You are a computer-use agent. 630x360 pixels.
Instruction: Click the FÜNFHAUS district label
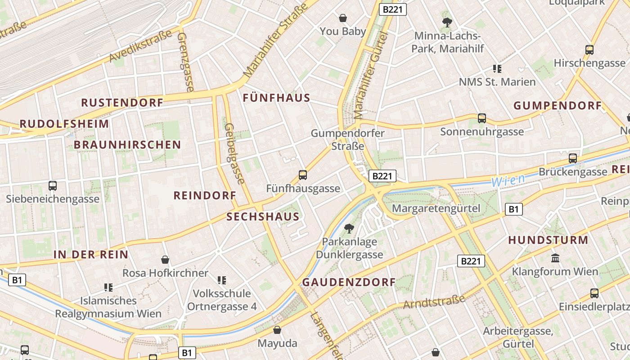coord(276,98)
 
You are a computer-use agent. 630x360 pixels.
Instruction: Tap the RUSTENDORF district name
coord(122,103)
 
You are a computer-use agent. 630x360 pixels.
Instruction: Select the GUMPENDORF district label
coord(558,106)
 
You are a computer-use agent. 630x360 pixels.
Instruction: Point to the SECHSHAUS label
coord(263,216)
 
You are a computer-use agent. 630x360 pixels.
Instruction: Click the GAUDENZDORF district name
coord(349,283)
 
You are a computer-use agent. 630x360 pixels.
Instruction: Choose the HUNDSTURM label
coord(548,240)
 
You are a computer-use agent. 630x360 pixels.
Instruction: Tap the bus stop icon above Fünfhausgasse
coord(303,175)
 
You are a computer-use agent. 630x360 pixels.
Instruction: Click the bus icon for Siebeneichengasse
coord(53,185)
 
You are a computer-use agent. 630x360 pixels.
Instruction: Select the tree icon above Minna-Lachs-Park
coord(447,22)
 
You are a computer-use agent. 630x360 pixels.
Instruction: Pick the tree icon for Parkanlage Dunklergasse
coord(349,229)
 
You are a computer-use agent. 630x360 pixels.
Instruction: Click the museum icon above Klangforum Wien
coord(555,258)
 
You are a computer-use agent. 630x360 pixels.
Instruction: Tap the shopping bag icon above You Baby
coord(343,18)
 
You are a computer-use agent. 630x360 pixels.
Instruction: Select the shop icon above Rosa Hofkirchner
coord(165,260)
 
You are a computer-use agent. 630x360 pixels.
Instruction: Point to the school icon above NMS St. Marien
coord(497,69)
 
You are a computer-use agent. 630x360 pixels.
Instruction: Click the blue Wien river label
coord(508,180)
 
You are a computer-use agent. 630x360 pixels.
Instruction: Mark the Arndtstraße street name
coord(434,302)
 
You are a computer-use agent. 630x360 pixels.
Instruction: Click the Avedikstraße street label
coord(140,46)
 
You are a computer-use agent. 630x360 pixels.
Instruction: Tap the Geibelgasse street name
coord(234,153)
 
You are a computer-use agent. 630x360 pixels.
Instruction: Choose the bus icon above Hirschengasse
coord(589,50)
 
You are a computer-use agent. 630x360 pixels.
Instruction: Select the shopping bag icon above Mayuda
coord(277,330)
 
